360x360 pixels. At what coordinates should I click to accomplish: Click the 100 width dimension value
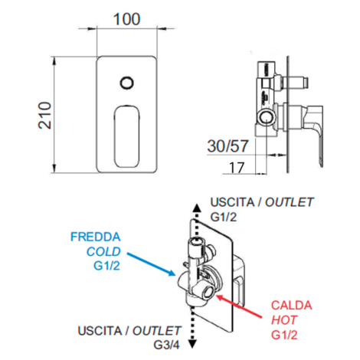point(126,19)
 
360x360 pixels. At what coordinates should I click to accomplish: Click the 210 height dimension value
point(45,115)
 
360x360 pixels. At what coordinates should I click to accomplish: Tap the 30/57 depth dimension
point(227,146)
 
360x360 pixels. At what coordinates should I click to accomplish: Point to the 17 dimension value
point(237,168)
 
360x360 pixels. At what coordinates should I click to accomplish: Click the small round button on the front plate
point(126,83)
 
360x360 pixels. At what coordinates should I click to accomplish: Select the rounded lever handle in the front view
point(127,136)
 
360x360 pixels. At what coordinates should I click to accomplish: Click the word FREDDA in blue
point(96,237)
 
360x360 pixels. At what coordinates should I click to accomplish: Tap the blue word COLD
point(103,251)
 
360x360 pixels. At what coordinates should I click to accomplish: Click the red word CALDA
point(291,306)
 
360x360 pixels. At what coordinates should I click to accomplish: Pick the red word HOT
point(284,320)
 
